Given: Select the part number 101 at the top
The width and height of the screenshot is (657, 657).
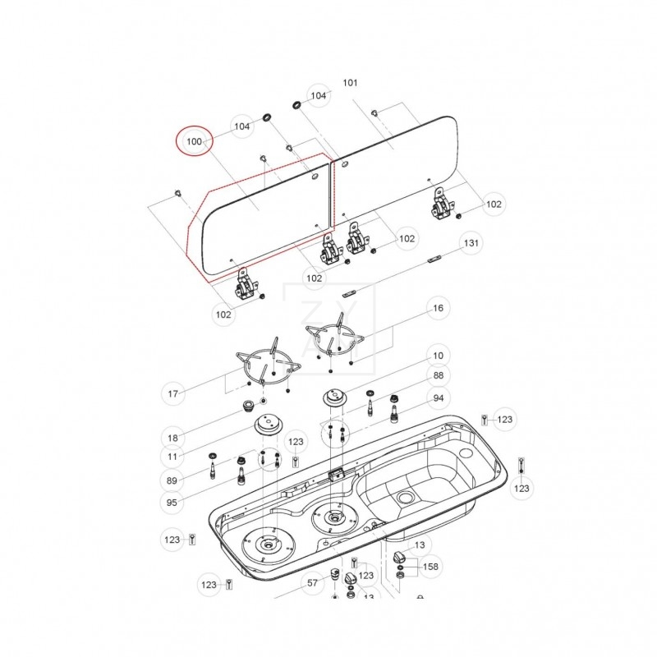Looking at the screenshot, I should pyautogui.click(x=350, y=83).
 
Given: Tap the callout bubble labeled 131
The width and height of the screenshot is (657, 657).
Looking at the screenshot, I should pyautogui.click(x=470, y=244).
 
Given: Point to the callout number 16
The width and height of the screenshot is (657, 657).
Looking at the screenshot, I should pyautogui.click(x=438, y=308).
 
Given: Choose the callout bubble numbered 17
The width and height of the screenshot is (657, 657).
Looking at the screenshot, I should pyautogui.click(x=173, y=394).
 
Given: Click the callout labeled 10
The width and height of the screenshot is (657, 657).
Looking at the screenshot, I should pyautogui.click(x=438, y=356).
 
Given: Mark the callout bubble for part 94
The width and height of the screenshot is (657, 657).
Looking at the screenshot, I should pyautogui.click(x=439, y=398).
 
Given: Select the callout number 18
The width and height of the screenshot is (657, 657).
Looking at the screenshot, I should pyautogui.click(x=173, y=438).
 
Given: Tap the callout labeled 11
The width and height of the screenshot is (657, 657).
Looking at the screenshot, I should pyautogui.click(x=173, y=456).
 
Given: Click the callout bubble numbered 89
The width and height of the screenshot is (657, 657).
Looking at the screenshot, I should pyautogui.click(x=173, y=480).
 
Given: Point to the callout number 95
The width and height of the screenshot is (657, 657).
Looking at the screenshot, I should pyautogui.click(x=173, y=502).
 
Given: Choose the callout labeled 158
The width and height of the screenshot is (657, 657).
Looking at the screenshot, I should pyautogui.click(x=430, y=566).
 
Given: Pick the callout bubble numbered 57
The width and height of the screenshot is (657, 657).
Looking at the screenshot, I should pyautogui.click(x=313, y=584).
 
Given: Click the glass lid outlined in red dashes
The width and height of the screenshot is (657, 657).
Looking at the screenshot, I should pyautogui.click(x=259, y=218).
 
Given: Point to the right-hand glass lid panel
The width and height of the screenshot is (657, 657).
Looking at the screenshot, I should pyautogui.click(x=394, y=168).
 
